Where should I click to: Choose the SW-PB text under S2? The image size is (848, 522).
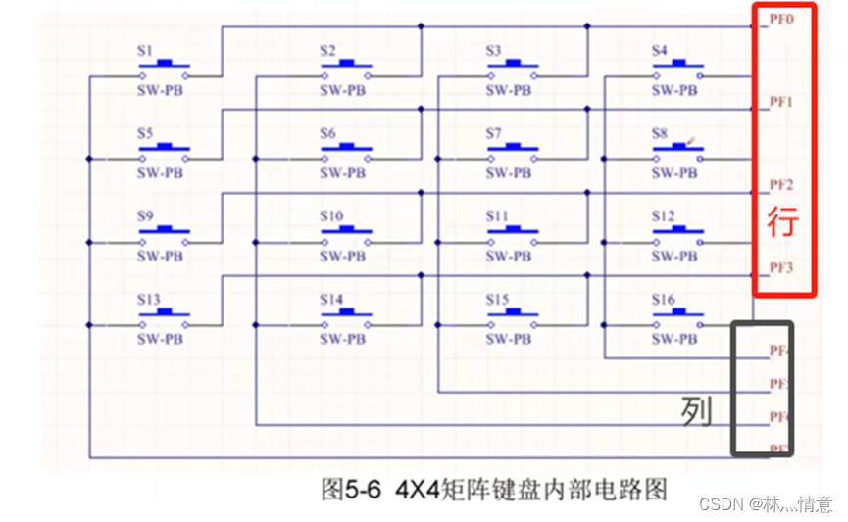(x=343, y=90)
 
